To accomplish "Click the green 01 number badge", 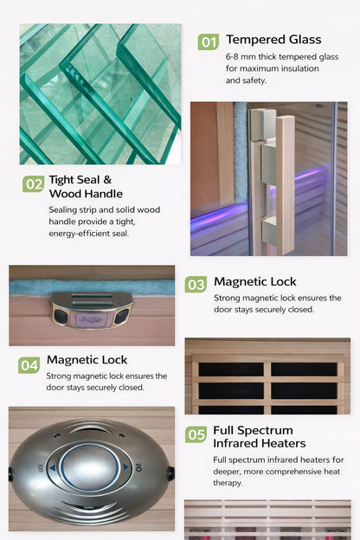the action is [209, 42].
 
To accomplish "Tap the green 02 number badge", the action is [34, 184].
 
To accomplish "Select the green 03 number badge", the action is [196, 285].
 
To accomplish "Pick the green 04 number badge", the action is [29, 365].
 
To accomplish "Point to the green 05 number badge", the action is [196, 434].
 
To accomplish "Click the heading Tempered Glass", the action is [273, 40].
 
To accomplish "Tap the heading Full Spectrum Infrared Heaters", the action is [260, 437].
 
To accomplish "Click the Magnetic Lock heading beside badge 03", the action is [255, 282].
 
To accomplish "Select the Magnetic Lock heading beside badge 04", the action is [87, 360].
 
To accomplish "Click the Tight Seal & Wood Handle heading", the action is [86, 187].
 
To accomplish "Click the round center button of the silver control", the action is [90, 467].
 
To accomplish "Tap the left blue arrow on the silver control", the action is [53, 468].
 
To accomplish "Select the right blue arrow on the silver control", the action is [125, 467].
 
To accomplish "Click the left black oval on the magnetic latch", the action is [61, 316].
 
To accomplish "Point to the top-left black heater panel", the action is [231, 370].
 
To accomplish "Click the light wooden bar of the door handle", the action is [285, 185].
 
